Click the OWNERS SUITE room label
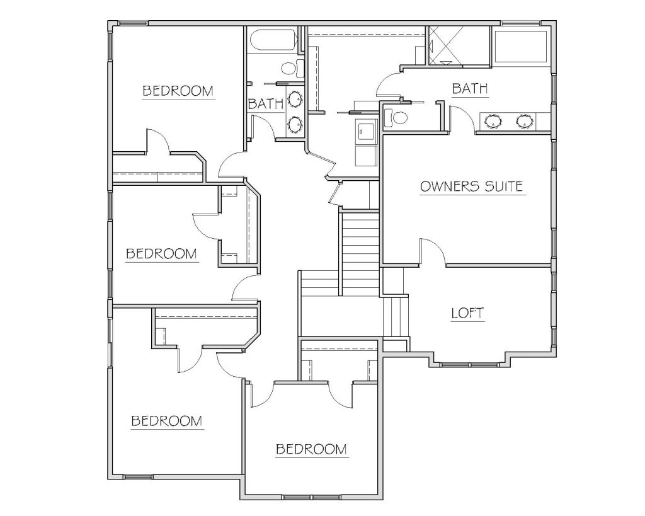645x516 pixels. coord(471,186)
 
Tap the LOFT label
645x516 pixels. coord(468,313)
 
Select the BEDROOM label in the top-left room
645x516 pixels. coord(178,91)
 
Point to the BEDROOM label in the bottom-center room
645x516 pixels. coord(311,449)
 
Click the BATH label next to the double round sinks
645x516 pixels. coord(266,103)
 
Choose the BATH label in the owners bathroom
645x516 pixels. coord(470,88)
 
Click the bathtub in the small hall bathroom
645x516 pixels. coord(273,40)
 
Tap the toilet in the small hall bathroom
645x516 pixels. coord(293,68)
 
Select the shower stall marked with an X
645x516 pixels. coord(445,45)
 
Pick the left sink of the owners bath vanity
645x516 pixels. coord(493,121)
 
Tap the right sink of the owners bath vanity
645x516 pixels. coord(524,121)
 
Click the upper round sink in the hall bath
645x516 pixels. coord(295,99)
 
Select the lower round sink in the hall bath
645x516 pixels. coord(295,124)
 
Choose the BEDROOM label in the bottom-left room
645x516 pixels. coord(166,421)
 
